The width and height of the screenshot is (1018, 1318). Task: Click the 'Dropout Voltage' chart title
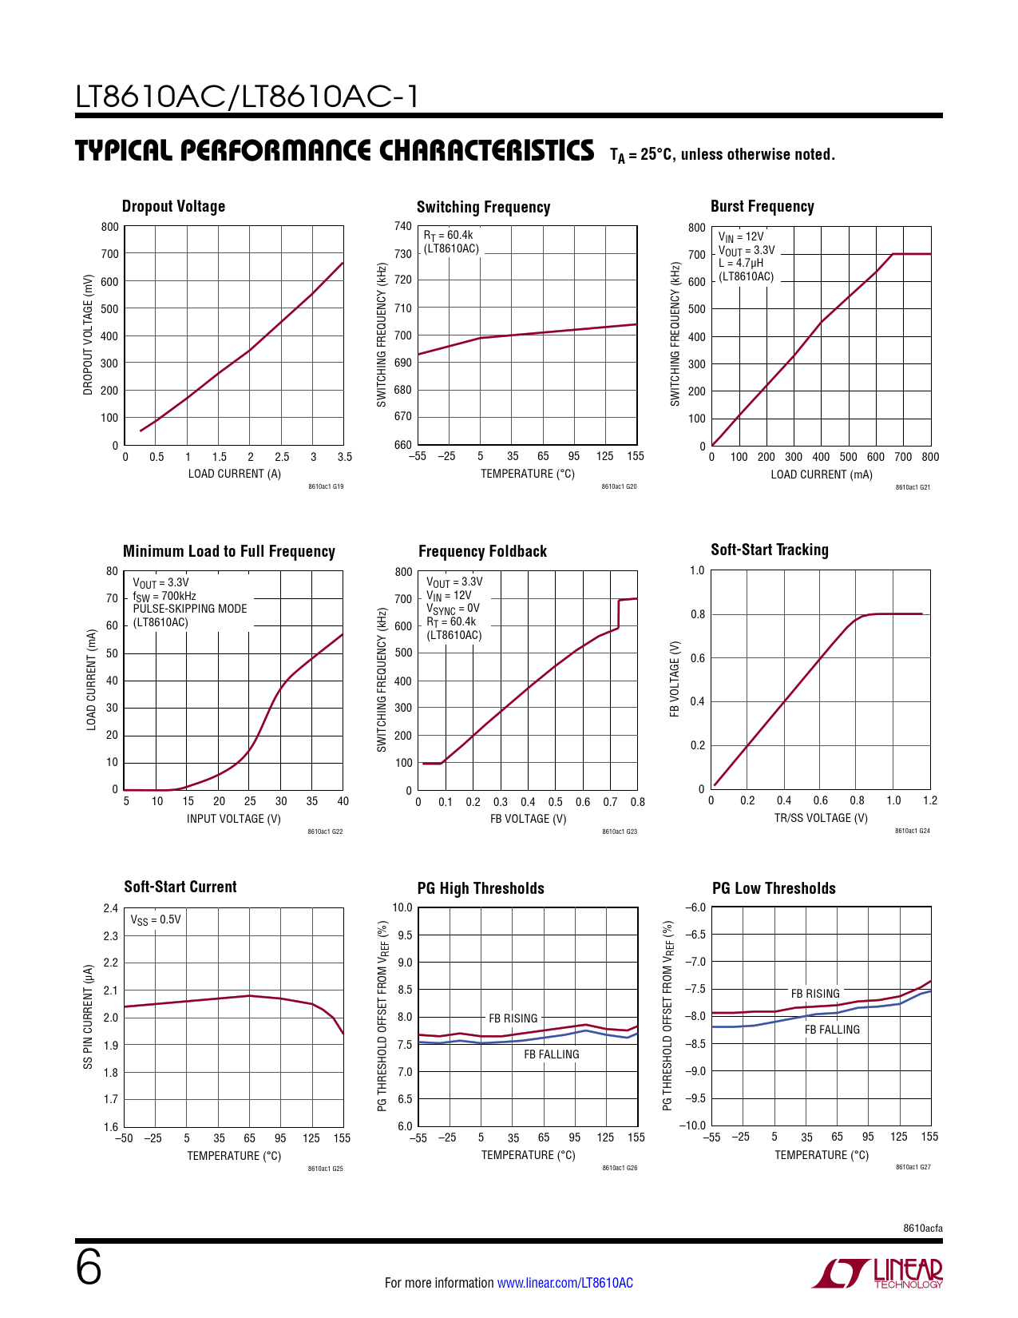(173, 206)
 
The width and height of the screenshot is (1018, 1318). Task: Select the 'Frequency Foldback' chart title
(482, 551)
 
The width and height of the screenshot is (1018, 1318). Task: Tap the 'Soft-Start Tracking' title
(770, 550)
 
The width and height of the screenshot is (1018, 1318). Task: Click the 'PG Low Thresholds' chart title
(774, 888)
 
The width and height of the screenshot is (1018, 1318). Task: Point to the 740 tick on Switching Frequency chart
(403, 226)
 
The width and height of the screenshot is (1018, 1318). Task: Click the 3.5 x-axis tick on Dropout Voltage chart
(345, 457)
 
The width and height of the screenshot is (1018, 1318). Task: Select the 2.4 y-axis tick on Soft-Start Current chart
(111, 908)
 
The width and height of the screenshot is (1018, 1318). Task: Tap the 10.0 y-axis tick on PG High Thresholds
(402, 907)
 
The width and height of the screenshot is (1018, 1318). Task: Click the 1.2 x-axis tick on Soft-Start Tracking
(930, 800)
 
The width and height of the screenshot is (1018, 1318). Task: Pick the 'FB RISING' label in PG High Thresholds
(513, 1018)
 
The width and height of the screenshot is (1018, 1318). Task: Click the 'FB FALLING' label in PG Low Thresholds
(832, 1030)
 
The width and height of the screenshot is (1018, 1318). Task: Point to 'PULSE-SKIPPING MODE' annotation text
(190, 609)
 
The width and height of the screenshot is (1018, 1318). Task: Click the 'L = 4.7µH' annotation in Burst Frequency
(741, 263)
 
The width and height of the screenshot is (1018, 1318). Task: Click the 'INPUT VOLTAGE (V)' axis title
(234, 819)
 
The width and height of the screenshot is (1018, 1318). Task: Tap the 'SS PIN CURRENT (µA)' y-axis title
(89, 1017)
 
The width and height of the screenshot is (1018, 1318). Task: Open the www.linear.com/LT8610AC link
(565, 1283)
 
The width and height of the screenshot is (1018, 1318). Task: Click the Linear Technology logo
(877, 1273)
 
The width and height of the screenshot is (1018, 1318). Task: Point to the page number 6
(89, 1267)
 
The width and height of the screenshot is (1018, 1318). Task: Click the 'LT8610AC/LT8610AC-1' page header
(248, 97)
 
